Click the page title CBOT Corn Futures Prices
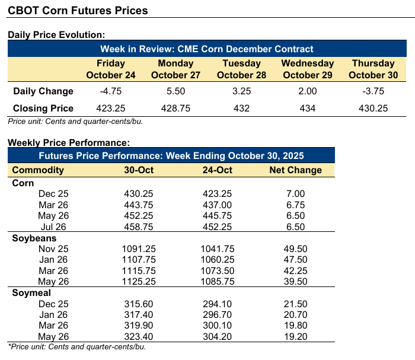(77, 11)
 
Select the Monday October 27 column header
(176, 69)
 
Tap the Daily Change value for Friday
(111, 91)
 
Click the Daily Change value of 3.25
(241, 91)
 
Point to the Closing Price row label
(43, 108)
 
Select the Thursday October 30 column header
(373, 69)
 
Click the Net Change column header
(295, 170)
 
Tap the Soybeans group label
(34, 238)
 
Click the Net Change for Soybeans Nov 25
(295, 248)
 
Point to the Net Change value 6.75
(295, 205)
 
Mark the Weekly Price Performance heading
(68, 142)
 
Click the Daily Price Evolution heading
(56, 36)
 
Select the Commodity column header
(38, 170)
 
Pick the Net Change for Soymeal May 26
(295, 336)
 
